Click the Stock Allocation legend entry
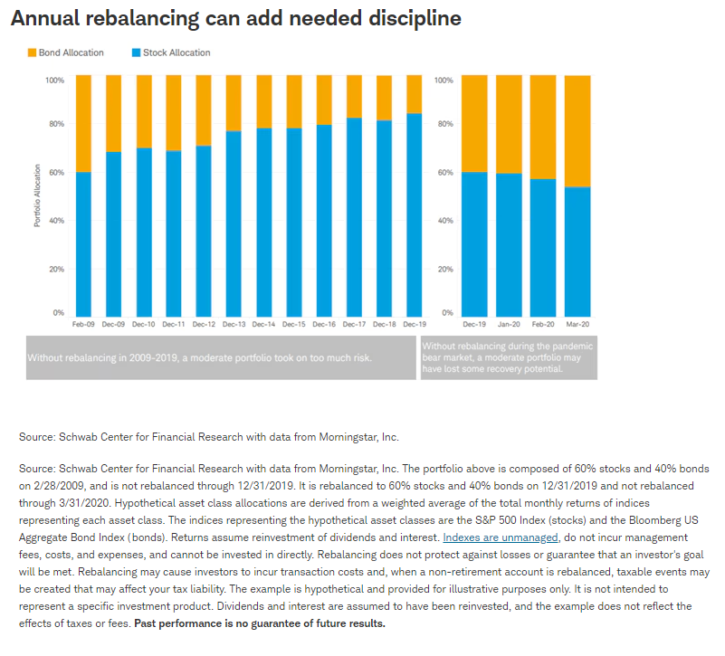(x=176, y=52)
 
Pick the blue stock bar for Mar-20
(x=577, y=251)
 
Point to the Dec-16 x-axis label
(x=324, y=324)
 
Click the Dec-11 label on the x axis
(x=174, y=324)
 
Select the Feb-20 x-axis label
(x=543, y=324)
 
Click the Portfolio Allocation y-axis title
(x=37, y=195)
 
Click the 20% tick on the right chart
(x=444, y=269)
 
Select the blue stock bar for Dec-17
(x=354, y=216)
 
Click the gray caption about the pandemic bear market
(x=508, y=358)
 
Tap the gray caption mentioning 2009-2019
(x=200, y=358)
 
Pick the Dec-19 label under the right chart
(x=474, y=324)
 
